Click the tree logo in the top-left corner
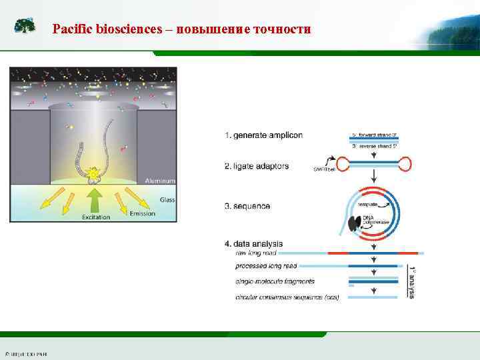coord(25,26)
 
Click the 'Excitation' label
coord(96,217)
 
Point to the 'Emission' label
coord(142,213)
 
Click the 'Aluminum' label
coord(160,180)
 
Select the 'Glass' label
coord(167,199)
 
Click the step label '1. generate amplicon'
coord(263,135)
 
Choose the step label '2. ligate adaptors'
coord(257,166)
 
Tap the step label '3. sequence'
coord(247,206)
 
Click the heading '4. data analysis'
coord(254,243)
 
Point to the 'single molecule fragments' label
coord(275,281)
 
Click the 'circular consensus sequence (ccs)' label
coord(287,297)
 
